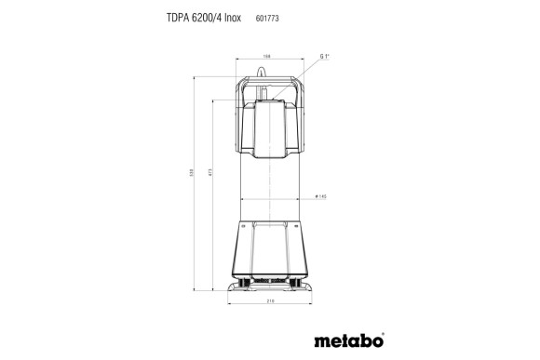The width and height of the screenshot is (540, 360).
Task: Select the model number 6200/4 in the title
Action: (214, 17)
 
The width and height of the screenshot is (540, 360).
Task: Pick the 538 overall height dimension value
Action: (195, 174)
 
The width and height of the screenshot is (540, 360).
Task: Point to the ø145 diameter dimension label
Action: (320, 196)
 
